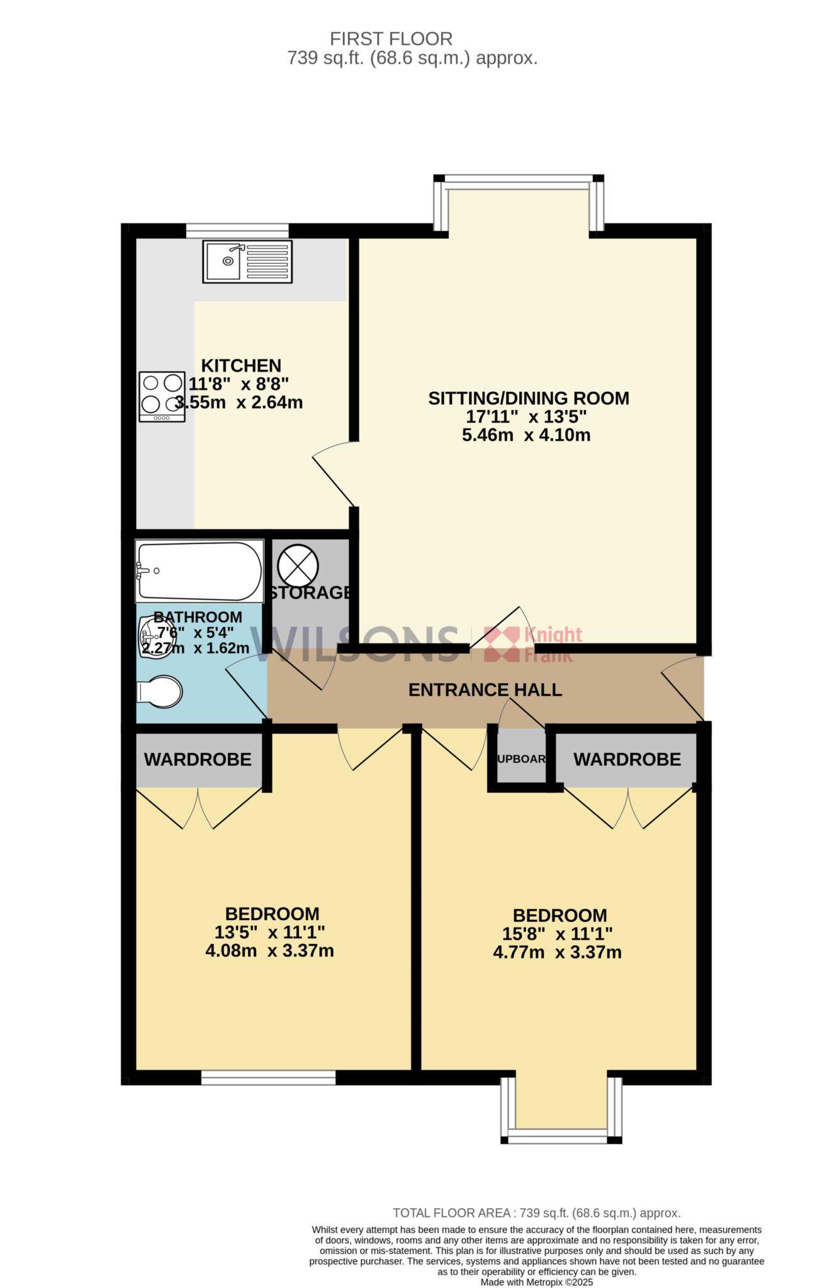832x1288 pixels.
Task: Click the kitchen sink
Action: point(247,261)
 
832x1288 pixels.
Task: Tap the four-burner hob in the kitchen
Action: point(162,396)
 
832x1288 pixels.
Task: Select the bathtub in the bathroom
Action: point(199,572)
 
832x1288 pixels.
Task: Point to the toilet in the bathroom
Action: point(159,692)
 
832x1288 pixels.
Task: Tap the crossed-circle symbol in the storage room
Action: point(298,563)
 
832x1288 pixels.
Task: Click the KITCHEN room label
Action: point(241,365)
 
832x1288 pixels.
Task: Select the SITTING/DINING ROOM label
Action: point(529,398)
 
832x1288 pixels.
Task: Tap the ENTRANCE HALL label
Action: point(485,690)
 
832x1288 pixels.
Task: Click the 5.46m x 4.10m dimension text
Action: point(526,435)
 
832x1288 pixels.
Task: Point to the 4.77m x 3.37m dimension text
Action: point(557,952)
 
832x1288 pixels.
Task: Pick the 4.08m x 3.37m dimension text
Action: point(269,950)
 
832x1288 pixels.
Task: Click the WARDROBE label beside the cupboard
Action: point(627,760)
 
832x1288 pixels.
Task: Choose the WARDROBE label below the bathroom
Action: point(198,760)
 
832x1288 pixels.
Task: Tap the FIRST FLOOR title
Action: point(391,39)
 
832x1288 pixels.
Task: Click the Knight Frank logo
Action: point(532,644)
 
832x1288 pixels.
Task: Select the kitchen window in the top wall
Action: point(237,231)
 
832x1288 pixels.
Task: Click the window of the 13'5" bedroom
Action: point(268,1077)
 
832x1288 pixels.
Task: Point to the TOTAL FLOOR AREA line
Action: point(537,1213)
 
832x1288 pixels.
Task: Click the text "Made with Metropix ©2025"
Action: point(537,1282)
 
